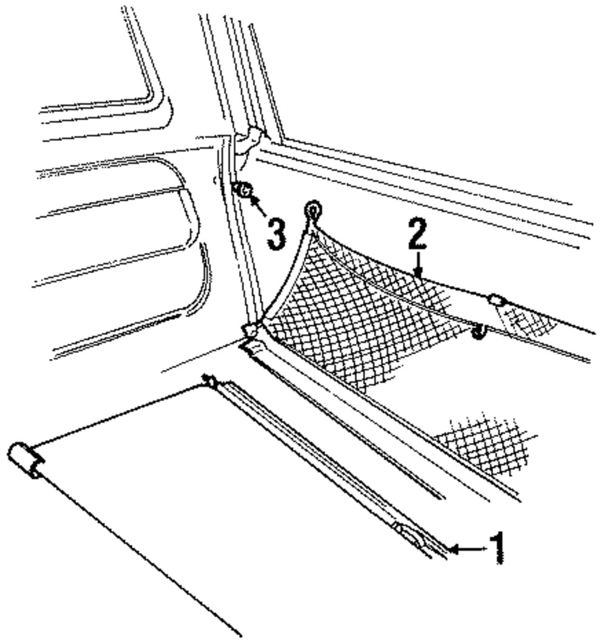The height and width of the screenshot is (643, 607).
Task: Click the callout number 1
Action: click(x=497, y=548)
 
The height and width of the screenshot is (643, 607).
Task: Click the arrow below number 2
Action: click(x=418, y=267)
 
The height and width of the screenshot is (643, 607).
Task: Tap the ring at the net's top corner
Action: click(x=314, y=211)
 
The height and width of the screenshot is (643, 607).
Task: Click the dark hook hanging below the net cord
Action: click(x=480, y=332)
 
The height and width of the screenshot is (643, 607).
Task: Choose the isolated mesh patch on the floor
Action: click(x=486, y=443)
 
